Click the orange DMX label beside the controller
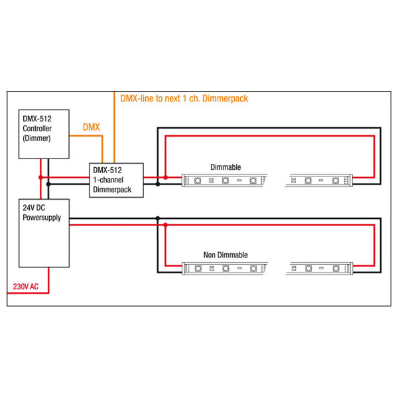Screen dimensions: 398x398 (x=92, y=127)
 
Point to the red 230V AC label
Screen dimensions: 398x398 (x=26, y=287)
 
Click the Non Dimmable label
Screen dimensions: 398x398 (x=226, y=255)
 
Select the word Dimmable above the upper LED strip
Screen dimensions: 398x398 (x=226, y=167)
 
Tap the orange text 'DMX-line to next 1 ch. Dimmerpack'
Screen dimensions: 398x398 (x=184, y=98)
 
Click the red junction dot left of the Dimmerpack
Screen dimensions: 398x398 (x=40, y=177)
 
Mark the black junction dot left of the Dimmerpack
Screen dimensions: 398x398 (x=48, y=184)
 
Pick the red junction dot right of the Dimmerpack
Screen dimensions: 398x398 (x=165, y=177)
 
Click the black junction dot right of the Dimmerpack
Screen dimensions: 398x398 (x=158, y=184)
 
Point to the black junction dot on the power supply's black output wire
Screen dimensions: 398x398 (x=158, y=218)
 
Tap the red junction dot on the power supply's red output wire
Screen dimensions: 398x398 (x=165, y=225)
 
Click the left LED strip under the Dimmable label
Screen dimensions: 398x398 (x=225, y=180)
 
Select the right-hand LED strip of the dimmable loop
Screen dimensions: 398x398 (x=319, y=180)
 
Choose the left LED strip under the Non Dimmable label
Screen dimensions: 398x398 (x=225, y=268)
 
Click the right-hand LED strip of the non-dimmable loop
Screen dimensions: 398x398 (x=319, y=268)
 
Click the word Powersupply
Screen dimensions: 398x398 (x=42, y=218)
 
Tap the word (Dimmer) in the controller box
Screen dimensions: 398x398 (x=36, y=139)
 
